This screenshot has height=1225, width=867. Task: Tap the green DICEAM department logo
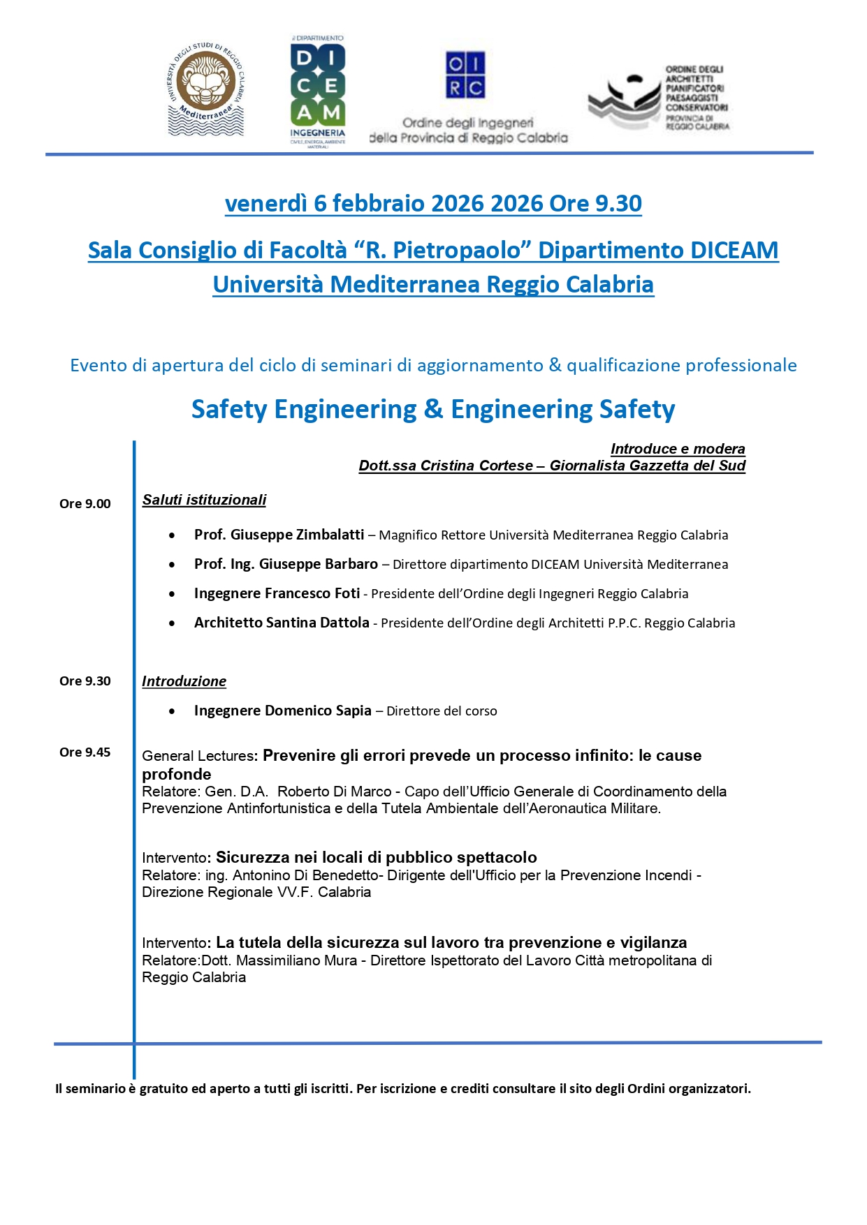(318, 91)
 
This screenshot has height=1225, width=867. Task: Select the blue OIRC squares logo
(465, 75)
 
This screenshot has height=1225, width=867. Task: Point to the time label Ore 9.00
(85, 504)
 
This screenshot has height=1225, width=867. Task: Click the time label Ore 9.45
(85, 752)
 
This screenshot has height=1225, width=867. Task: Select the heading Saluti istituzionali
(204, 500)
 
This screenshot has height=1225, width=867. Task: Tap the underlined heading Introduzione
(184, 681)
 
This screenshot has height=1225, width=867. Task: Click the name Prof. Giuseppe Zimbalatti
(279, 535)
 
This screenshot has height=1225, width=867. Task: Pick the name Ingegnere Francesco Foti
(277, 593)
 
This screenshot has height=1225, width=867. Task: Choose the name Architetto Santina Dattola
(282, 623)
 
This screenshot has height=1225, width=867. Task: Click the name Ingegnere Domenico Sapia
(282, 711)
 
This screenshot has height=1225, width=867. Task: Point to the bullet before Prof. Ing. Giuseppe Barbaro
(172, 565)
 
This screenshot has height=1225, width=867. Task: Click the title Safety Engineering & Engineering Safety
(433, 409)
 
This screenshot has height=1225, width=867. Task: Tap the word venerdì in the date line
(265, 203)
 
